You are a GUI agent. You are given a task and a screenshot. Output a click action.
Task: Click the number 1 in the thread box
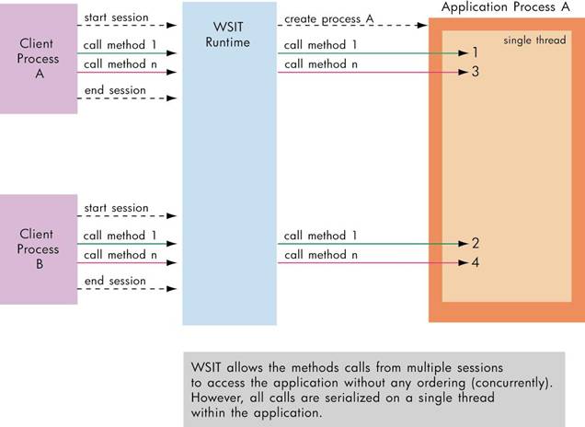click(475, 53)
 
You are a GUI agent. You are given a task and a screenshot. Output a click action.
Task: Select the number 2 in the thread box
click(475, 244)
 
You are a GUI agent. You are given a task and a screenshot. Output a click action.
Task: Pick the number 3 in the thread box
click(475, 71)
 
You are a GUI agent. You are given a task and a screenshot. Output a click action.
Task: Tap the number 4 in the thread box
click(475, 262)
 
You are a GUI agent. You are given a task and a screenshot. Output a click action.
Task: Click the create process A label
click(327, 17)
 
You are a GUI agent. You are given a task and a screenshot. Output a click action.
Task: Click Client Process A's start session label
click(115, 17)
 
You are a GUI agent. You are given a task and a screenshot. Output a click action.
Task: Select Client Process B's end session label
click(115, 281)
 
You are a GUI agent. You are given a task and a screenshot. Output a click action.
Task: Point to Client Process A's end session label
click(115, 90)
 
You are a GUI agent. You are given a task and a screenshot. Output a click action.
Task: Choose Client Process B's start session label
click(115, 208)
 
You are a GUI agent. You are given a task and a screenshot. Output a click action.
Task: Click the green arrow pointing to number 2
click(368, 244)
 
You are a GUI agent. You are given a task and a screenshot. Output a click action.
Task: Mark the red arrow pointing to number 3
click(368, 72)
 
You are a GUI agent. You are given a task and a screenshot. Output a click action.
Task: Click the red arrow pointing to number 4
click(368, 262)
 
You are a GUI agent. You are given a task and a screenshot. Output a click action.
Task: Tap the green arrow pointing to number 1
click(368, 53)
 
